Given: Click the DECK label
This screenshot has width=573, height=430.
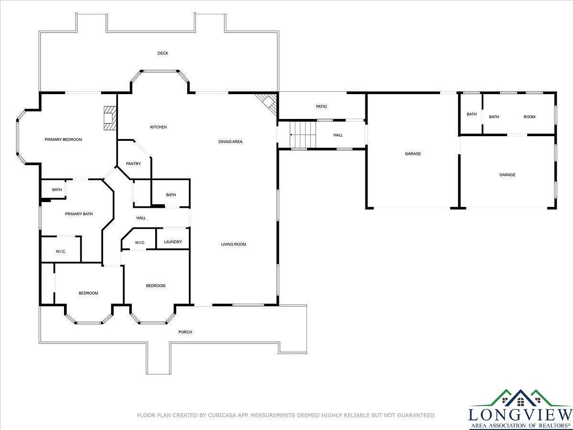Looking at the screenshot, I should click(163, 53).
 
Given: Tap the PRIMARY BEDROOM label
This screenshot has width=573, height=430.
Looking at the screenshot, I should click(63, 140).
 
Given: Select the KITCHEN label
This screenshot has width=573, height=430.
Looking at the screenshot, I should click(159, 127).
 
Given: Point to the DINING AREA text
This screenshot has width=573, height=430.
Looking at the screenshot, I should click(231, 141).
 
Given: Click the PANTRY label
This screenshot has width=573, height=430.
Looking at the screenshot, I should click(133, 164).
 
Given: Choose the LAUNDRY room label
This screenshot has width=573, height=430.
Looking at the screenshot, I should click(173, 242).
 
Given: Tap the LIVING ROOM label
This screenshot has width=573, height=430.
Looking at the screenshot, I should click(233, 244).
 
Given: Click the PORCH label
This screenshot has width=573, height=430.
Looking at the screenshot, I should click(185, 332).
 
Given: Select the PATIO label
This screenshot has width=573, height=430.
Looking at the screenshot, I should click(321, 107).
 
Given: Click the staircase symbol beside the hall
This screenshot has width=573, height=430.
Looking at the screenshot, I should click(304, 135).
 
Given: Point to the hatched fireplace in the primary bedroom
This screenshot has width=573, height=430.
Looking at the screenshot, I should click(109, 118).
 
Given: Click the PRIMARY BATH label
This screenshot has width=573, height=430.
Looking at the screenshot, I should click(79, 214).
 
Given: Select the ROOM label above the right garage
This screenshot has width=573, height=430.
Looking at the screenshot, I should click(530, 117).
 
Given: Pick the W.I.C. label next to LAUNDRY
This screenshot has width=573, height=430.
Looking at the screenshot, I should click(140, 243).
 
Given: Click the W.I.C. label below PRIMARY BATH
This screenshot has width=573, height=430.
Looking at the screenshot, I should click(61, 251).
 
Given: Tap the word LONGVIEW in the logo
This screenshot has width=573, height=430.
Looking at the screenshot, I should click(520, 414).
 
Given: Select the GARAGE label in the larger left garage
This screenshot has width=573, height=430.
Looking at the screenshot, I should click(413, 154).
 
